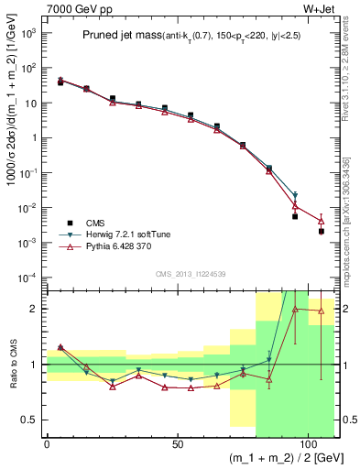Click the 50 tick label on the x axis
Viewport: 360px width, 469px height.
pyautogui.click(x=177, y=443)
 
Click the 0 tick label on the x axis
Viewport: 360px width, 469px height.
pyautogui.click(x=47, y=443)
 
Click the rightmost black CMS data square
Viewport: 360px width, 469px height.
pyautogui.click(x=321, y=232)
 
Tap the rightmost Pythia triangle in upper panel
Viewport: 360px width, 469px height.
pyautogui.click(x=321, y=221)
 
